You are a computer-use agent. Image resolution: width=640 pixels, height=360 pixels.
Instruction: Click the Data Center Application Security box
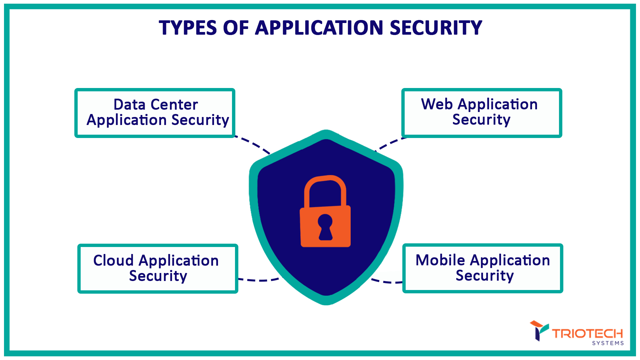(x=155, y=113)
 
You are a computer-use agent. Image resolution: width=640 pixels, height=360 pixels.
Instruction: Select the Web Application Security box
(x=482, y=113)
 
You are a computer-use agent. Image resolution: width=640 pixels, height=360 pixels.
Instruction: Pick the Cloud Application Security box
(x=158, y=269)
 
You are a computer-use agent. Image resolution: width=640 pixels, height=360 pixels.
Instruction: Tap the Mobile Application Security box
(x=483, y=268)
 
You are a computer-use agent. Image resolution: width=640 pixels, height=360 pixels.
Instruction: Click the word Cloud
(x=113, y=261)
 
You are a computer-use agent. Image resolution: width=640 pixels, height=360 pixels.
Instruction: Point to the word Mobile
(x=440, y=260)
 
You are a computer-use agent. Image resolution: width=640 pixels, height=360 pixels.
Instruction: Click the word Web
(x=437, y=104)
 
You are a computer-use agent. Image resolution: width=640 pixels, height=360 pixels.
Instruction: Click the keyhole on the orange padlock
(x=325, y=227)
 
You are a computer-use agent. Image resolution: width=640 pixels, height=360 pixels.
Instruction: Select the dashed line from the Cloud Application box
(x=260, y=280)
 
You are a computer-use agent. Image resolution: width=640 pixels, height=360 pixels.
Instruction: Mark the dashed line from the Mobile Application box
(x=387, y=282)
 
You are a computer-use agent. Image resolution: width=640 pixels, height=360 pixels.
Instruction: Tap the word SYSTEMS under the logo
(x=608, y=343)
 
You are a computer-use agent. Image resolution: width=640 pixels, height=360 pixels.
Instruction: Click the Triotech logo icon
(x=539, y=330)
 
